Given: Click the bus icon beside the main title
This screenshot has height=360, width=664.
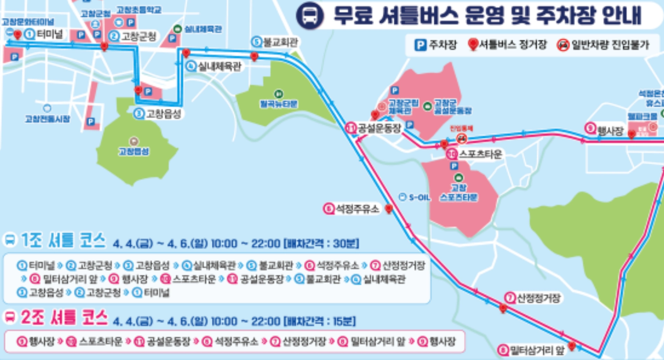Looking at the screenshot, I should pyautogui.click(x=309, y=16).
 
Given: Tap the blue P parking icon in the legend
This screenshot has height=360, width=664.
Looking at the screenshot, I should pyautogui.click(x=420, y=45).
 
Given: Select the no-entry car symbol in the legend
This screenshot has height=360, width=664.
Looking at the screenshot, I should pyautogui.click(x=563, y=45).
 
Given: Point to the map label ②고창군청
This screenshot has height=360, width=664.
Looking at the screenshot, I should pyautogui.click(x=133, y=36).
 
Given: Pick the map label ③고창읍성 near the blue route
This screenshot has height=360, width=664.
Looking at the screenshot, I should pyautogui.click(x=158, y=114).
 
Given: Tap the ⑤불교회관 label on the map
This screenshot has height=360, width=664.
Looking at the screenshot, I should pyautogui.click(x=275, y=42).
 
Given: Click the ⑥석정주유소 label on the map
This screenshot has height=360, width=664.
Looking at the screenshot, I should pyautogui.click(x=351, y=209).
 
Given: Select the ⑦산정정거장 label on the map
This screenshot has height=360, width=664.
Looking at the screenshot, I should pyautogui.click(x=533, y=298).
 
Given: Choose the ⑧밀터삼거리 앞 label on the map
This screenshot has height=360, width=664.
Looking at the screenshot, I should pyautogui.click(x=531, y=350).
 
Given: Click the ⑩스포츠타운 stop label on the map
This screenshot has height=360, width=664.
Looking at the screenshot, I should pyautogui.click(x=474, y=154).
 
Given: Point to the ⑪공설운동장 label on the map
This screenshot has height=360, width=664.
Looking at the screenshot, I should pyautogui.click(x=374, y=128).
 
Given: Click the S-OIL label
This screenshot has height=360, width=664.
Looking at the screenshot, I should pyautogui.click(x=415, y=198).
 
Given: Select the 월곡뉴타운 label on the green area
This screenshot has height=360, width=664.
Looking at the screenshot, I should pyautogui.click(x=279, y=103).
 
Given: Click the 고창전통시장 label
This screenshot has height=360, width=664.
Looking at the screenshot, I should pyautogui.click(x=47, y=119).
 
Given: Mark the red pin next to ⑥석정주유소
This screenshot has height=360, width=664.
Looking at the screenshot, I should pyautogui.click(x=389, y=209).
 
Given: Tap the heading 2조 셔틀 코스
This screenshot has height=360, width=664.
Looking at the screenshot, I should pyautogui.click(x=64, y=317).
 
